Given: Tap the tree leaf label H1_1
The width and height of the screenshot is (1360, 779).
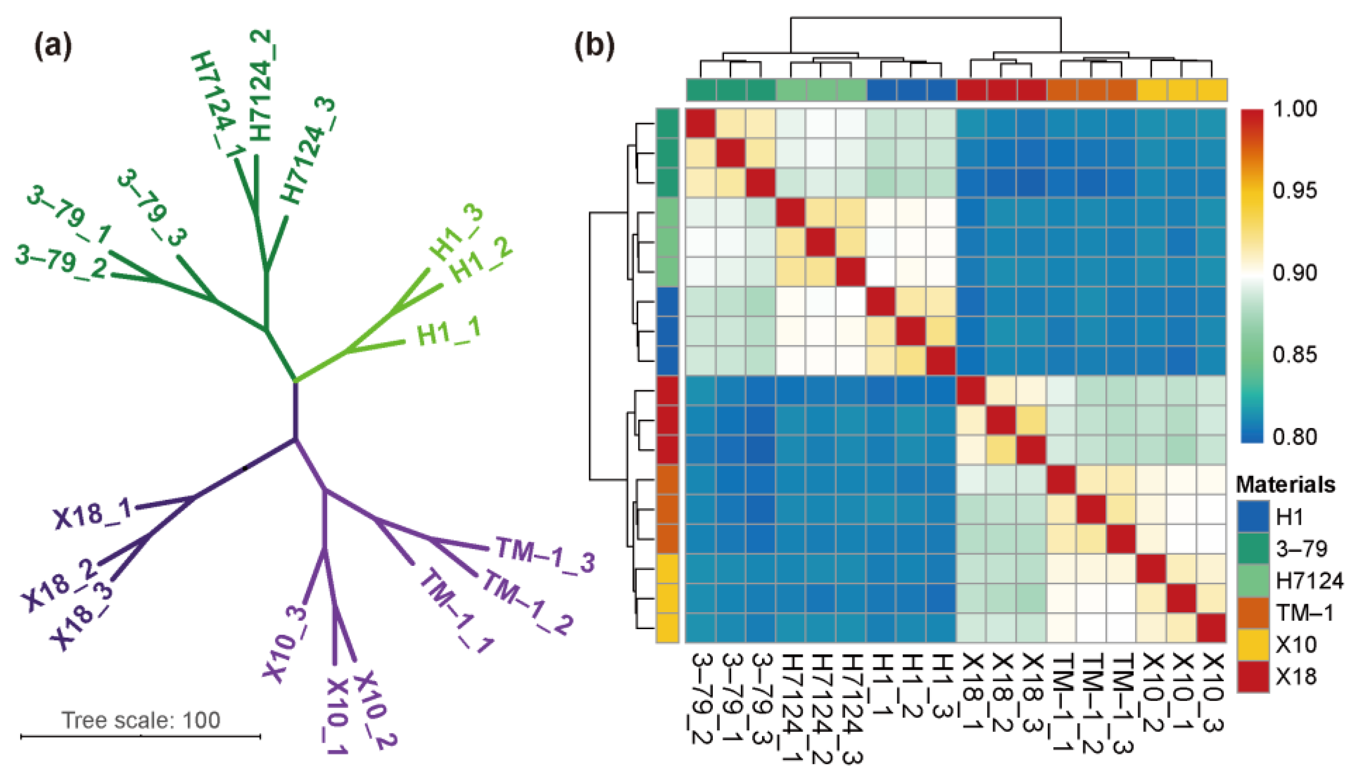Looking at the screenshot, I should (x=448, y=332).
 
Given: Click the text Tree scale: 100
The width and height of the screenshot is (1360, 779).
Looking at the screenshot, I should (x=141, y=720).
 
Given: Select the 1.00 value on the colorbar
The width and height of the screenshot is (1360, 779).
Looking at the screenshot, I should (x=1294, y=109).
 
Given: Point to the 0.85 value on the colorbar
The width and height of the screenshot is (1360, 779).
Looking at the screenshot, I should (x=1294, y=354).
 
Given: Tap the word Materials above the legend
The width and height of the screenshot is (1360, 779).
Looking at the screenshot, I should (x=1285, y=485).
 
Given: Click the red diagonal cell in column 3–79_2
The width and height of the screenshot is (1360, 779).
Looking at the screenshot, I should (x=701, y=124).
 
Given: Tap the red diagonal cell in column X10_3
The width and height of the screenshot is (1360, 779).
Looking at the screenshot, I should (x=1212, y=628).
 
